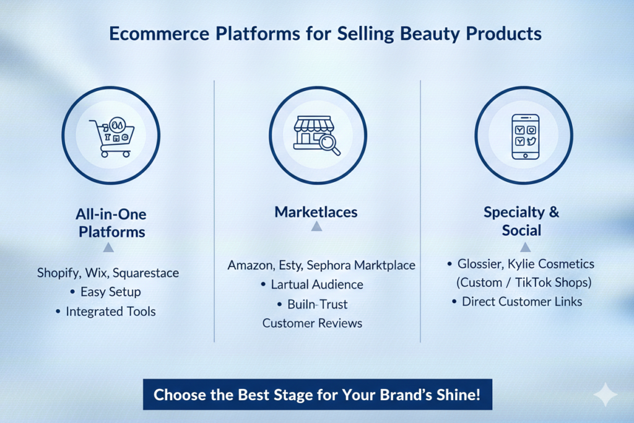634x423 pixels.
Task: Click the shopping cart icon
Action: pos(111,137)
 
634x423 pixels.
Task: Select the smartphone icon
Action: pos(525,137)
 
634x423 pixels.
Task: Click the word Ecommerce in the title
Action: pos(159,33)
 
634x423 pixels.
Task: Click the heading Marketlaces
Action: pos(316,212)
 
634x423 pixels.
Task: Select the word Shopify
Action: pos(59,273)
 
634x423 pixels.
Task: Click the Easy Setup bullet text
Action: pos(110,292)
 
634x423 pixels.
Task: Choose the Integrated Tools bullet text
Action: pos(111,312)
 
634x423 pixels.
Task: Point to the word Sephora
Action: pos(329,265)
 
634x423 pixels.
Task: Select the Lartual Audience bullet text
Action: pos(317,284)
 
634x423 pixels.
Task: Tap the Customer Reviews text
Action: pos(312,323)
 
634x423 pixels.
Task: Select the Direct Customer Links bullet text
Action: pos(522,302)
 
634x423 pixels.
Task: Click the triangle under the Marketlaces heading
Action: pos(316,227)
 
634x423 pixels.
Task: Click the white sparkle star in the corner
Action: pos(606,395)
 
